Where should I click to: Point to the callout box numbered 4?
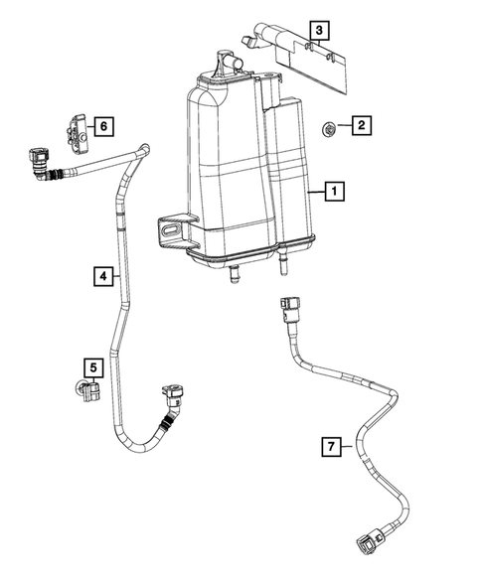[102, 275]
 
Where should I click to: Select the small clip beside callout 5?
[85, 390]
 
